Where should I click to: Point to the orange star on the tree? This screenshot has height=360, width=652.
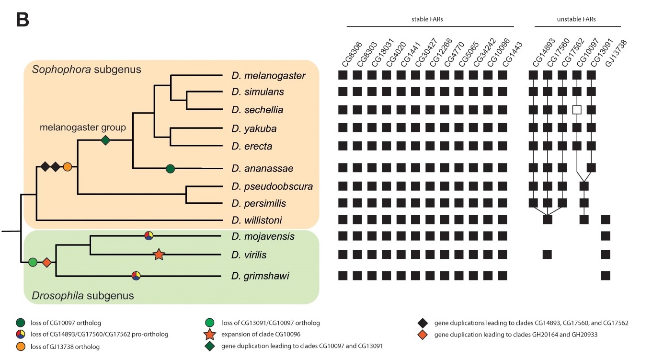point(159,255)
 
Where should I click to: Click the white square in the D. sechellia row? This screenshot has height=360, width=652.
point(577,110)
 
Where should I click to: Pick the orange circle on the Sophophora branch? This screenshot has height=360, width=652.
point(68,167)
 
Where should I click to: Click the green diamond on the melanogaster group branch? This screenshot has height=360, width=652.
point(105,140)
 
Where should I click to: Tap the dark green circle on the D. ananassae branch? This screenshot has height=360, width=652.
point(170,168)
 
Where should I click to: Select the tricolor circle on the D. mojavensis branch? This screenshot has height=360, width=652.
point(149,235)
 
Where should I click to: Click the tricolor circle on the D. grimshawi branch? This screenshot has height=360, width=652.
point(137,275)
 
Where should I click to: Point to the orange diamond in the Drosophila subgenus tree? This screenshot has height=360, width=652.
point(46,262)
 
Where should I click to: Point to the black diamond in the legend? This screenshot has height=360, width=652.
point(423,323)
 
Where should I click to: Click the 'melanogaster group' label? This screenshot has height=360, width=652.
point(83,128)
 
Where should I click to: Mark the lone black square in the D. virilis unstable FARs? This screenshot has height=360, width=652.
point(548,254)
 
